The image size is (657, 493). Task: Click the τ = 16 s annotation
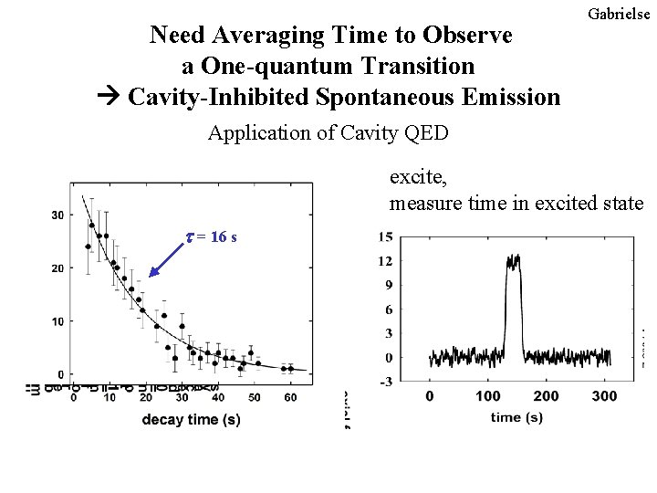point(212,237)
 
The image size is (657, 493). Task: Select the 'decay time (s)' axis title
point(191,419)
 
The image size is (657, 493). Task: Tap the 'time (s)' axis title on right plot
point(517,417)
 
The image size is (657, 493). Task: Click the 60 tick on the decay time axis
point(290,396)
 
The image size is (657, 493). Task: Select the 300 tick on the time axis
point(604,396)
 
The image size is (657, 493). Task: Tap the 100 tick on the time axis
point(488,396)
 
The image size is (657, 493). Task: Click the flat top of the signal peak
point(512,261)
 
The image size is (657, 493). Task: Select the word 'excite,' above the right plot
point(416,175)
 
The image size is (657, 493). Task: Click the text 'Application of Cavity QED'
point(328,133)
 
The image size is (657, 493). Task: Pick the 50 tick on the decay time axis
point(255,396)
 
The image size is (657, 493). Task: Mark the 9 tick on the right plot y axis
point(387,285)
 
